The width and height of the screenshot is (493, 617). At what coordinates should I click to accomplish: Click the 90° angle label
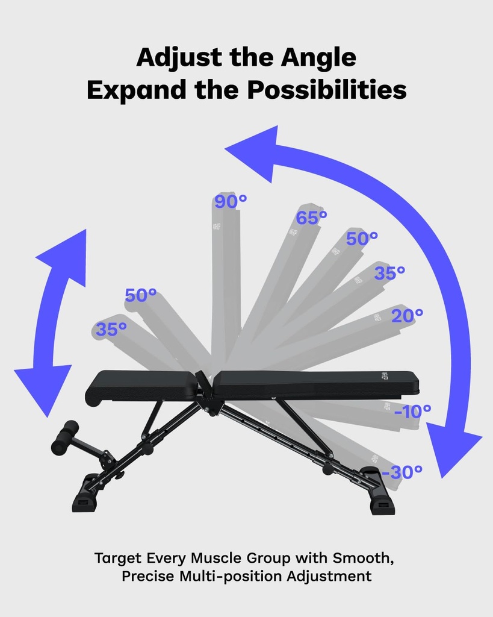pyautogui.click(x=231, y=202)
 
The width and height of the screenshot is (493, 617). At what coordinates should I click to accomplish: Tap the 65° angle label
pyautogui.click(x=311, y=218)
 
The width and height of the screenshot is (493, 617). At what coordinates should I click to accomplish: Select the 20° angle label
pyautogui.click(x=407, y=315)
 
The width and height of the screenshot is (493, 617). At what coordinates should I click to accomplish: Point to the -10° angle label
pyautogui.click(x=412, y=412)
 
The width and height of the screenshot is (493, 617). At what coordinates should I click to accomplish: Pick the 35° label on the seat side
pyautogui.click(x=111, y=330)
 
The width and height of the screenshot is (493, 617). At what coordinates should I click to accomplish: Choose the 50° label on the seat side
pyautogui.click(x=141, y=295)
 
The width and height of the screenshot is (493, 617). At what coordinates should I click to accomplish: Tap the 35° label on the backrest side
pyautogui.click(x=389, y=274)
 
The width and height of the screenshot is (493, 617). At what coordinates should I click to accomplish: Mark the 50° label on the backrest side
pyautogui.click(x=362, y=239)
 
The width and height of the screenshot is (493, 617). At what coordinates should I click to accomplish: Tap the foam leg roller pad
pyautogui.click(x=64, y=437)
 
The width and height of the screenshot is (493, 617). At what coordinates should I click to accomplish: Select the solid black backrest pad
pyautogui.click(x=316, y=383)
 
